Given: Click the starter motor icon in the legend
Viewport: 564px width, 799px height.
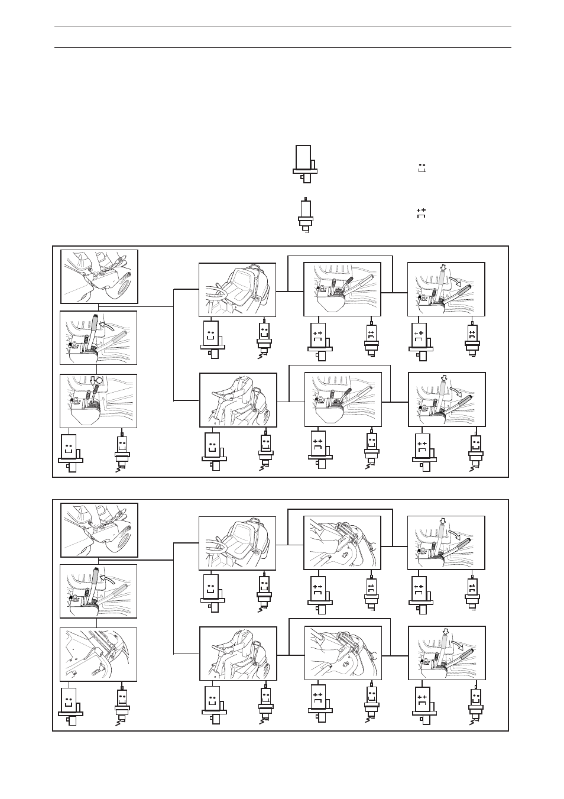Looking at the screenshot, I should (x=304, y=161).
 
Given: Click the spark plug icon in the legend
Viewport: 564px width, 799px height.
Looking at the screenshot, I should (x=305, y=215).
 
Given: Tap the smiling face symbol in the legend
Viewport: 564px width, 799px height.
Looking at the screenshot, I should (x=422, y=167).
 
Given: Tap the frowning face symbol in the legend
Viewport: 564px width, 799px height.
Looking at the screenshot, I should (x=422, y=213).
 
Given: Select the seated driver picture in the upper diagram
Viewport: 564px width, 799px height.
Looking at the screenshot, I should (x=238, y=400).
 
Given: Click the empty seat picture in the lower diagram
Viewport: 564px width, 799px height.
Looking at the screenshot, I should (x=237, y=543).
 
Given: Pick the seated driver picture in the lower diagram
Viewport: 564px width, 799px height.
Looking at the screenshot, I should (x=238, y=653).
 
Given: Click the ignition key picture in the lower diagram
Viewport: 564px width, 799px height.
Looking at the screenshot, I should (x=99, y=530).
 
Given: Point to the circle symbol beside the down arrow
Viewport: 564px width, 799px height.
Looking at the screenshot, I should (x=100, y=381).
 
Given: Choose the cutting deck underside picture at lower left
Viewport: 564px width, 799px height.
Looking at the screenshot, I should (x=99, y=654).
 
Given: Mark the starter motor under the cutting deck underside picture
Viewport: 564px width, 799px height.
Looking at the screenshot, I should (x=70, y=704).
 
